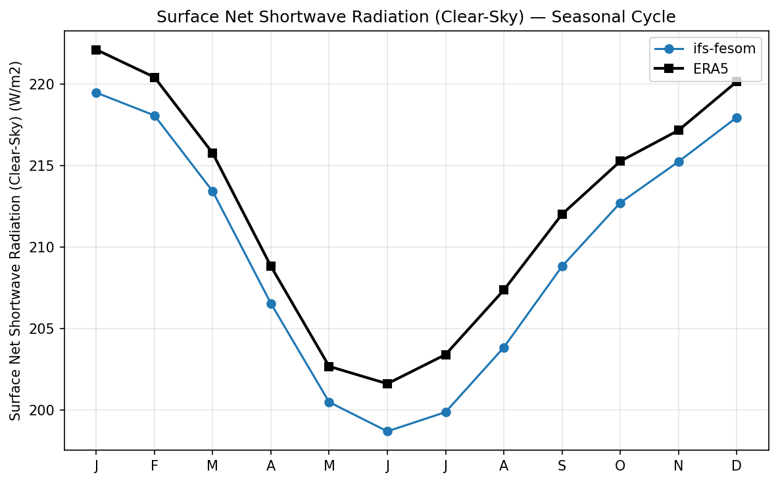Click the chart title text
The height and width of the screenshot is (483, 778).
click(x=416, y=17)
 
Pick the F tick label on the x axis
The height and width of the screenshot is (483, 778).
click(x=155, y=466)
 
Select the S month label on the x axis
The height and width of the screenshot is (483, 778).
click(x=562, y=466)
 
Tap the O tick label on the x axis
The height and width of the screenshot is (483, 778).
click(x=620, y=466)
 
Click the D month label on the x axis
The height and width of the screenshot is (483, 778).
click(x=737, y=466)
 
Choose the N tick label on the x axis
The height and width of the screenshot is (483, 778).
click(x=679, y=466)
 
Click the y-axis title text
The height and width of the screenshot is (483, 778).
click(x=16, y=241)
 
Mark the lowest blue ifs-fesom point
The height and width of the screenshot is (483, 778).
click(x=387, y=432)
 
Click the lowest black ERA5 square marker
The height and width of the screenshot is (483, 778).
click(x=387, y=384)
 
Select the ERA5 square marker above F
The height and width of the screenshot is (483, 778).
click(x=155, y=78)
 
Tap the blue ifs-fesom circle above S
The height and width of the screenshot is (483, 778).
click(x=562, y=266)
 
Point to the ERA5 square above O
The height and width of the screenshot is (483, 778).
click(x=620, y=161)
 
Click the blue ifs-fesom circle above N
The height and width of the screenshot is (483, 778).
click(x=679, y=162)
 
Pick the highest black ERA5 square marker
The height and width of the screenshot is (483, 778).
click(x=96, y=50)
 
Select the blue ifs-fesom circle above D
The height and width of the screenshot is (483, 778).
click(x=737, y=118)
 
